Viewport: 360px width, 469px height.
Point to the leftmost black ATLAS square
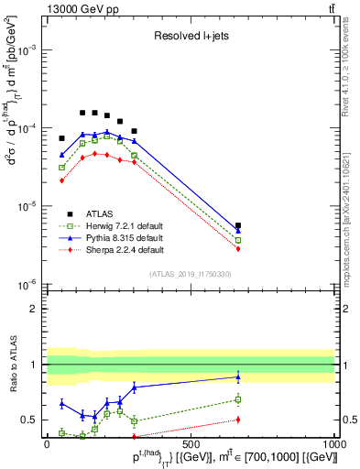[x=61, y=138]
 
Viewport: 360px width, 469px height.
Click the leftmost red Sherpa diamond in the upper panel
[x=61, y=180]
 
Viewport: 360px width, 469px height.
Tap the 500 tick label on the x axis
[x=191, y=444]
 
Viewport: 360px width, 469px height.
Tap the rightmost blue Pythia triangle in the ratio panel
[x=238, y=376]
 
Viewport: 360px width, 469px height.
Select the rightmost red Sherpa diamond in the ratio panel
[x=238, y=420]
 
